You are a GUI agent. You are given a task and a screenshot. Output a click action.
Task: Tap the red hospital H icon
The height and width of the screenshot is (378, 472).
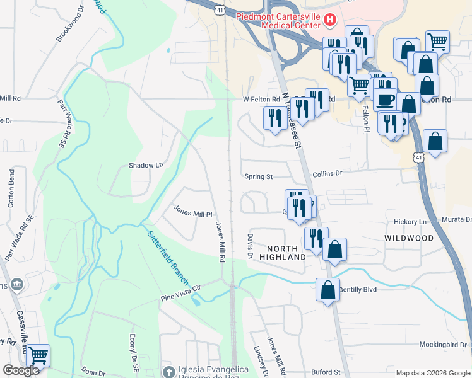[x=329, y=21]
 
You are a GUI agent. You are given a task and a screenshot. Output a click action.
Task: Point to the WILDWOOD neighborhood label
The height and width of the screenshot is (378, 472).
[x=409, y=238]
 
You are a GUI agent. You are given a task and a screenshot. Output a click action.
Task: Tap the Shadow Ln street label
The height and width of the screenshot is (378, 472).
[x=146, y=165]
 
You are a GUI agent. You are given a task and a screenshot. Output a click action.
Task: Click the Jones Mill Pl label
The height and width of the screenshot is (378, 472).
[x=193, y=213]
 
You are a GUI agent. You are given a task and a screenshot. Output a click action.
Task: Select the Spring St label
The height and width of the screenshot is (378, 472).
[x=258, y=177]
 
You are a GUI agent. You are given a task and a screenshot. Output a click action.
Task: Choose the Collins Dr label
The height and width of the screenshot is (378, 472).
[x=327, y=173]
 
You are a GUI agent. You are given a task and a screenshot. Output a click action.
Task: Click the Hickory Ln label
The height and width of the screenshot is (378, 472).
[x=410, y=222]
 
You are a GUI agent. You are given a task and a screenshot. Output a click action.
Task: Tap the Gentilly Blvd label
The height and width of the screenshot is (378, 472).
[x=358, y=290]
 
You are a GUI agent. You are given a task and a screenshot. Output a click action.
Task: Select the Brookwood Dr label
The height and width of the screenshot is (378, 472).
[x=69, y=25]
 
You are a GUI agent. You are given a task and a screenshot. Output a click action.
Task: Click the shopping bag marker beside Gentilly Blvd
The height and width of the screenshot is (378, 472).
[x=327, y=290]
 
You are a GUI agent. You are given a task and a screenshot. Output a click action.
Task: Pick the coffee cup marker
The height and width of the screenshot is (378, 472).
[x=385, y=99]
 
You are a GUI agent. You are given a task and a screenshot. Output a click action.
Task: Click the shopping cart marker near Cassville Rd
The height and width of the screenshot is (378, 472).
[x=38, y=356]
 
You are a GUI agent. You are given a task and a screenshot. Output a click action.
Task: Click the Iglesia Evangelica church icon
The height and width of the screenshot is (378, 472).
[x=167, y=370]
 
